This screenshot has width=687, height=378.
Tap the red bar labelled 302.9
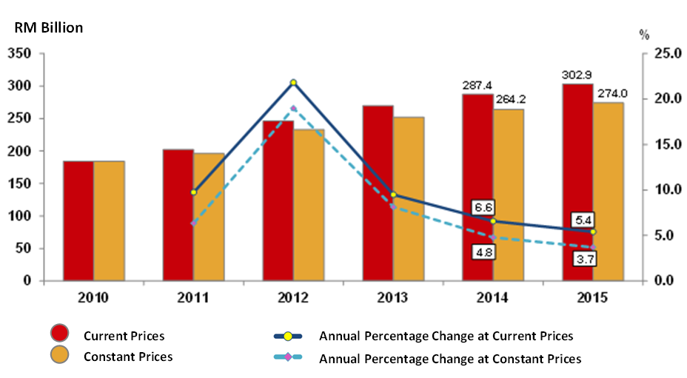tap(577, 182)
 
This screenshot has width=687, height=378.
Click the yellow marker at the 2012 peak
tap(293, 82)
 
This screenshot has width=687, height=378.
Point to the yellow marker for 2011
tap(193, 192)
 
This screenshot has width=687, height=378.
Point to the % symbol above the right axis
tap(644, 34)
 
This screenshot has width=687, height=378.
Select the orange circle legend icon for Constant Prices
tap(60, 357)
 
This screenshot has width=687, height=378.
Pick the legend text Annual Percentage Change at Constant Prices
tap(450, 359)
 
